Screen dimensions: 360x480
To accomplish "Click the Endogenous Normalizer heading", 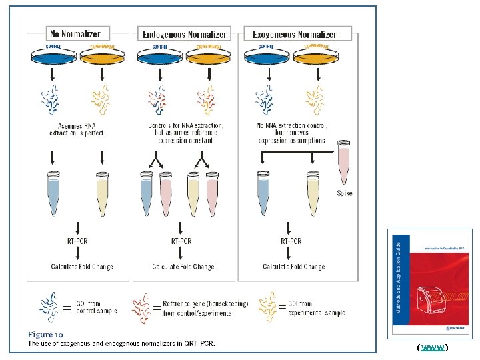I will coord(184,34).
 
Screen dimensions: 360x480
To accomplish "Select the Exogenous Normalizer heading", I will coord(294,34).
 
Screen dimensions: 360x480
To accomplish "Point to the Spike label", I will coord(344,193).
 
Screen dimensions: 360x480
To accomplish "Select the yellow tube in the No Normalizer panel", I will coord(102,193).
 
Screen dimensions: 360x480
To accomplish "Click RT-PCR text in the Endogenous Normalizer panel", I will coord(181,241).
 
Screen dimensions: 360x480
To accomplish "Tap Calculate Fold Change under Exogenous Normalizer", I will coord(293,267).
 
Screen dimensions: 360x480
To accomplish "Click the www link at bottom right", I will coord(432,348).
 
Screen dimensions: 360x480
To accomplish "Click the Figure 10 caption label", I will coord(45,333).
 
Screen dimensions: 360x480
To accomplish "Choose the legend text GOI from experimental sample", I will coord(317,307).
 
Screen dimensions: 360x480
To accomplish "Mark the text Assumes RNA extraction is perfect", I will coord(77,129).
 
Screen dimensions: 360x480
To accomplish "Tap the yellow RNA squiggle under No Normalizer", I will coord(101,100).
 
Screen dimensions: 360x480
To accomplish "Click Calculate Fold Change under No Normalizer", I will coord(82,267).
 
